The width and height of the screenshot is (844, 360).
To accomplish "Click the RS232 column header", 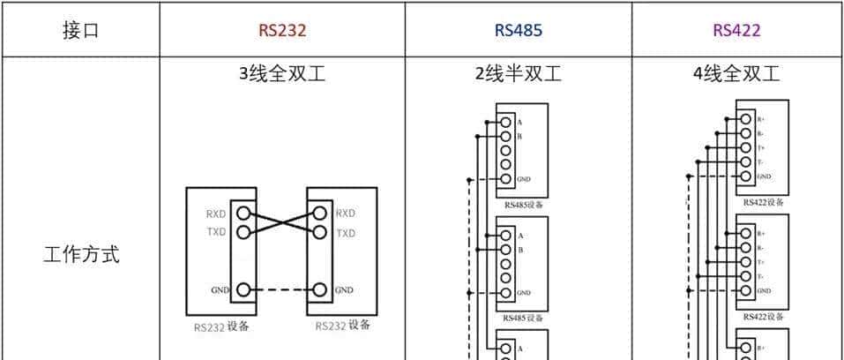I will click(282, 30).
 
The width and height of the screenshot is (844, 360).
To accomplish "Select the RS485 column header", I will click(518, 30).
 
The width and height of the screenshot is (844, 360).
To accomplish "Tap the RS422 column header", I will click(736, 30).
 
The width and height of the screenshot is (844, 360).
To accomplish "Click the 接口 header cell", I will click(80, 30).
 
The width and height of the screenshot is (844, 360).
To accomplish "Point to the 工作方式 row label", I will click(80, 256).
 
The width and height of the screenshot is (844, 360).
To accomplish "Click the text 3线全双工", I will click(282, 74).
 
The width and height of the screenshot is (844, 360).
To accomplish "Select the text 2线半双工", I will click(518, 74).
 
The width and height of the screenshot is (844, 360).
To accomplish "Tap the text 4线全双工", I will click(736, 74).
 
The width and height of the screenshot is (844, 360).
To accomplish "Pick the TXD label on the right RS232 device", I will click(346, 233).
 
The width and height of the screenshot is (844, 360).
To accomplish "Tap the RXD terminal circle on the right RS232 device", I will click(319, 214).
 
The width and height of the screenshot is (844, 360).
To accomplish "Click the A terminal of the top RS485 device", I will click(506, 122).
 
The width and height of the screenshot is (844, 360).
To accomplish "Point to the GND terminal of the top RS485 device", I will click(506, 178).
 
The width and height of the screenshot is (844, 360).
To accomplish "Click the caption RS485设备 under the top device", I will click(523, 205).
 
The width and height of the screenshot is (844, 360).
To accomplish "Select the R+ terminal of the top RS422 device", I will click(745, 117).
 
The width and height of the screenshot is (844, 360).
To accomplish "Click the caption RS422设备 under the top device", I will click(763, 202).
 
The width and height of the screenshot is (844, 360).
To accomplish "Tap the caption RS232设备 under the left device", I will click(221, 326).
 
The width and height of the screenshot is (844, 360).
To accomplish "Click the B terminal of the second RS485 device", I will click(506, 250).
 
